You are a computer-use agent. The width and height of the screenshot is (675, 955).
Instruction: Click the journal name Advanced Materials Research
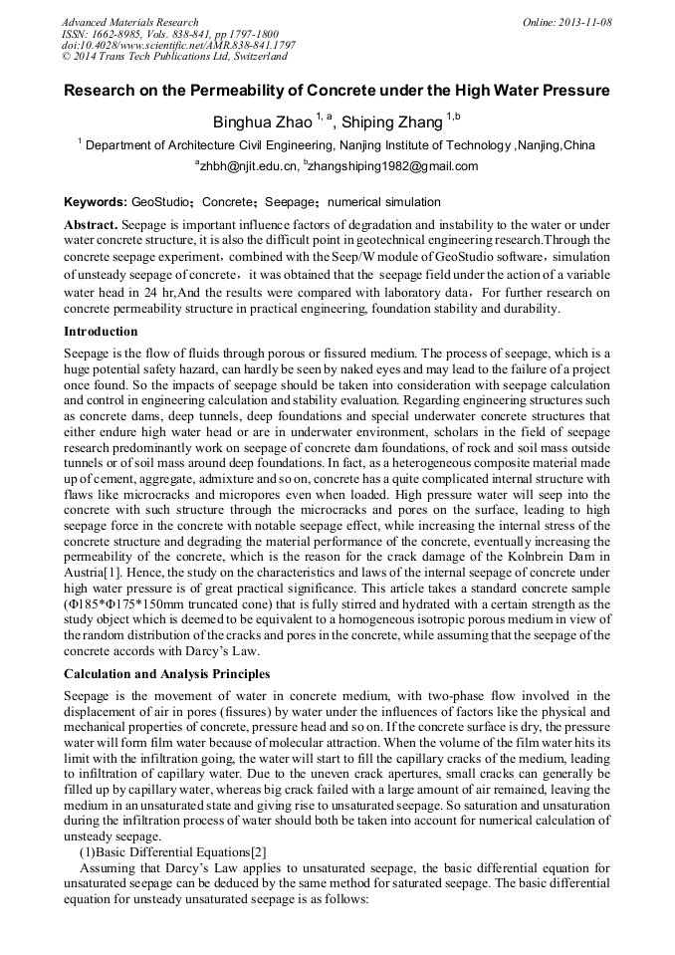(x=129, y=22)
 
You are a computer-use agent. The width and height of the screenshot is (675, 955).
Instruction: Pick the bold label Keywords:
(x=95, y=202)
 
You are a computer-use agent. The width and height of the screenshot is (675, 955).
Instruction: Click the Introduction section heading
(x=101, y=331)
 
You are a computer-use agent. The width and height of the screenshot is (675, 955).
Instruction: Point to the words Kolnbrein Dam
(x=563, y=554)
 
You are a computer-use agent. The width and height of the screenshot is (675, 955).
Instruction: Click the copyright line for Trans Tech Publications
(x=174, y=57)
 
